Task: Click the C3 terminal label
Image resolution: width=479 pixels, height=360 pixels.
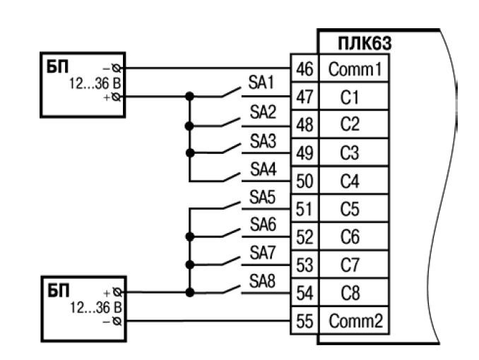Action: coord(350,153)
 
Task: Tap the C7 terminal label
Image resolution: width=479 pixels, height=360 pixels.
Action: coord(350,265)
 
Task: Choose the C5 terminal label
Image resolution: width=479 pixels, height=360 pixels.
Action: coord(350,209)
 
